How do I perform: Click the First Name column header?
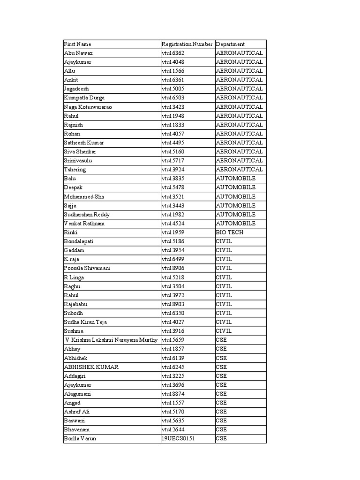pyautogui.click(x=78, y=44)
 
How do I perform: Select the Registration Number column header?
pyautogui.click(x=187, y=44)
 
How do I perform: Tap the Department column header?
pyautogui.click(x=230, y=44)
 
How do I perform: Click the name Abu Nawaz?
pyautogui.click(x=78, y=53)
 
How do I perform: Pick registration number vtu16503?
pyautogui.click(x=173, y=98)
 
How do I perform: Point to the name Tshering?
pyautogui.click(x=75, y=170)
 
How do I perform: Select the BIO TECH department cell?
pyautogui.click(x=230, y=232)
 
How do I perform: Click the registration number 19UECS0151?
pyautogui.click(x=181, y=439)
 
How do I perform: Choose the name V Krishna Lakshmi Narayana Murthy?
pyautogui.click(x=112, y=340)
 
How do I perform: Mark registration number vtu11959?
pyautogui.click(x=173, y=232)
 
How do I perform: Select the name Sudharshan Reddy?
pyautogui.click(x=87, y=215)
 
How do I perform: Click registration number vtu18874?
pyautogui.click(x=173, y=394)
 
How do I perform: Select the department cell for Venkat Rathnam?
pyautogui.click(x=236, y=224)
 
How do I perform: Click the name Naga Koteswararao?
pyautogui.click(x=88, y=107)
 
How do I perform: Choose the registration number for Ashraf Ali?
pyautogui.click(x=173, y=412)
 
